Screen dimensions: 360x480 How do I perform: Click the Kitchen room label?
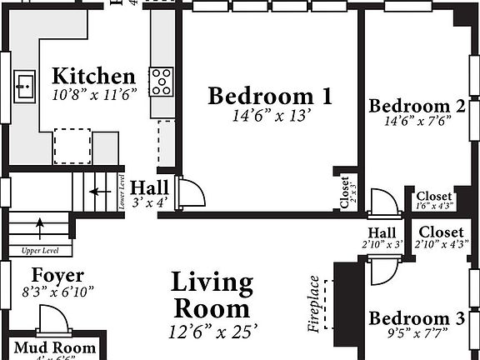[92, 76]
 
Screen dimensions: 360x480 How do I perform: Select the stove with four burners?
[161, 81]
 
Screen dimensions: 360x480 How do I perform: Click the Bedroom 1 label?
[270, 96]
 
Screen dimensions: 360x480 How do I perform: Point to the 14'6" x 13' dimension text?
[270, 116]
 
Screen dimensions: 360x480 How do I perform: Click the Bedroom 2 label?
[417, 106]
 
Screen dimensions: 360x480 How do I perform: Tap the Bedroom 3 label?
[417, 318]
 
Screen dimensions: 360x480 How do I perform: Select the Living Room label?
[212, 295]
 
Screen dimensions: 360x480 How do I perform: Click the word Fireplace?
[314, 304]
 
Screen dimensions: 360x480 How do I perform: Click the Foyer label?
[57, 275]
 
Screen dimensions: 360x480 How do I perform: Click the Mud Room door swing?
[52, 321]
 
